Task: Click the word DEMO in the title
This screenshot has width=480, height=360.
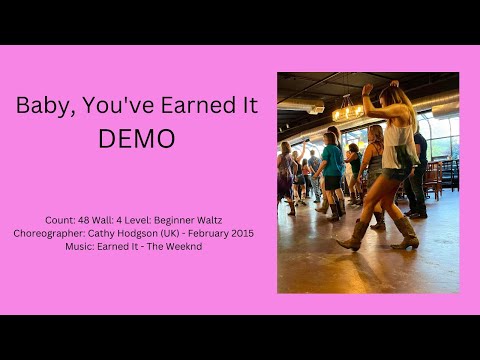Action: [136, 138]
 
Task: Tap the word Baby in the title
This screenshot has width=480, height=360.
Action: [43, 105]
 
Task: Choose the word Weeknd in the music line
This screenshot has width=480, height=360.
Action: [183, 246]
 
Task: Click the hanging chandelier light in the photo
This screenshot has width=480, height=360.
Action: [347, 111]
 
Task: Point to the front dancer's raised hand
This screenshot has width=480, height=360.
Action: [367, 89]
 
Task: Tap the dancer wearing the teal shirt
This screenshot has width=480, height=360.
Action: [331, 161]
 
